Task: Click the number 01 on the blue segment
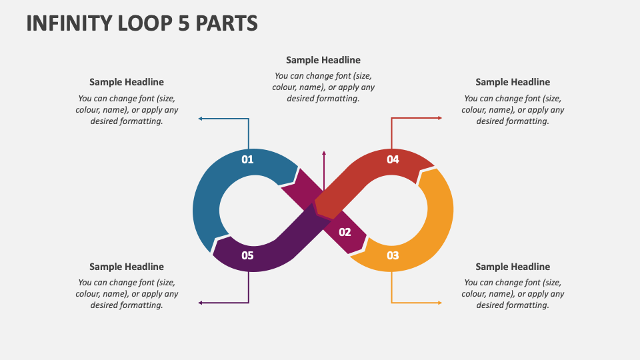coord(247,159)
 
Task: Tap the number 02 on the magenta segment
coord(345,232)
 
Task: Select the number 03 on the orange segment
coord(393,255)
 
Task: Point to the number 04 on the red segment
coord(393,159)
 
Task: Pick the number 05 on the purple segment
coord(247,255)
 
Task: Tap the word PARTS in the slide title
coord(225,23)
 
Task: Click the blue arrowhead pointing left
coord(201,119)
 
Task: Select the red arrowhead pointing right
coord(439,118)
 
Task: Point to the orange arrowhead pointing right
coord(439,303)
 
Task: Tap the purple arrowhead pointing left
coord(201,303)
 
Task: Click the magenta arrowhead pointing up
coord(324,154)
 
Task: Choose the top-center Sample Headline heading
coord(323,60)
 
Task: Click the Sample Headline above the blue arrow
coord(127,82)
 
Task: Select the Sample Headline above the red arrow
coord(513,82)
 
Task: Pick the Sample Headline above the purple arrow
coord(127,267)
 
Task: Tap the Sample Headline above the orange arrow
coord(513,267)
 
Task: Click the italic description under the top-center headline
coord(323,87)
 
